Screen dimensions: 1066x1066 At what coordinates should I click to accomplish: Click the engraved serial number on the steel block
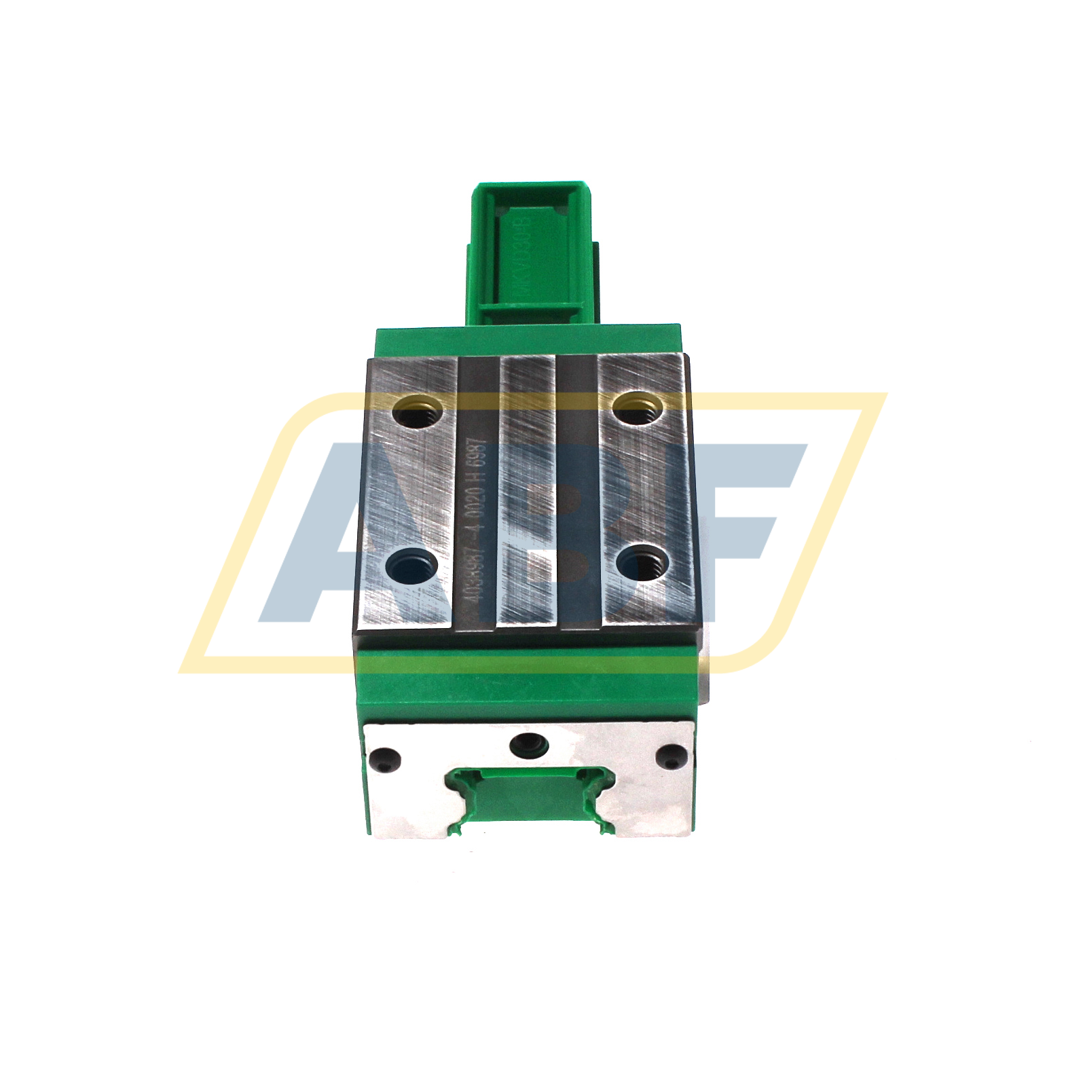tap(477, 523)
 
